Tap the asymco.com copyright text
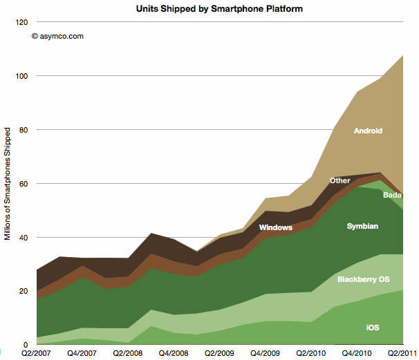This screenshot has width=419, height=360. click(57, 37)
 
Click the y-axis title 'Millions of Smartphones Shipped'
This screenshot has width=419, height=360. click(8, 183)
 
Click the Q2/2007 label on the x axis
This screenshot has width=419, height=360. click(35, 352)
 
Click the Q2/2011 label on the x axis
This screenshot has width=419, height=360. click(402, 352)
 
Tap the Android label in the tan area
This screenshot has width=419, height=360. click(368, 131)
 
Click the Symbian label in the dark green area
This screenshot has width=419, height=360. click(363, 226)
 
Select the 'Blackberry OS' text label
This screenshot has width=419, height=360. click(362, 279)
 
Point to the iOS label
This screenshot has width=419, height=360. click(372, 327)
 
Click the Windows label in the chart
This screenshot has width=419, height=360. click(275, 227)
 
